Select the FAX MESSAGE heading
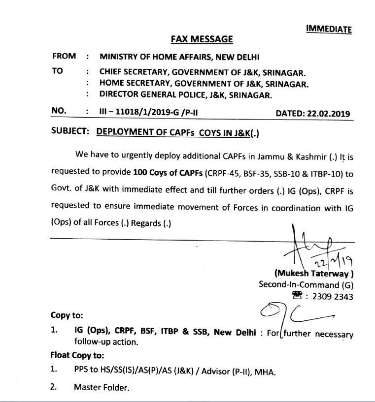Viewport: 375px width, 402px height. point(202,39)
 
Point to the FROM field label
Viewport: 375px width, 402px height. point(64,57)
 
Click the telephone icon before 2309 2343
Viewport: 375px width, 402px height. point(296,296)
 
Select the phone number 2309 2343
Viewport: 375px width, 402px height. point(333,296)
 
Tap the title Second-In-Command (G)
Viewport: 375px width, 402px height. point(306,285)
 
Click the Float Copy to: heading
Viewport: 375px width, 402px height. point(77,355)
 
